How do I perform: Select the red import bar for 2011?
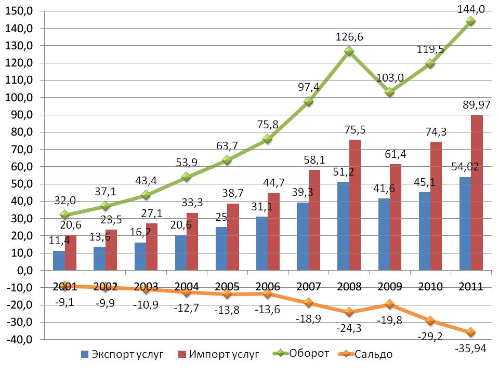pyautogui.click(x=477, y=192)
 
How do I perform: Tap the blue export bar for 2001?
pyautogui.click(x=59, y=260)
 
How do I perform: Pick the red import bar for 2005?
pyautogui.click(x=233, y=236)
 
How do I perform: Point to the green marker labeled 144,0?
pyautogui.click(x=471, y=21)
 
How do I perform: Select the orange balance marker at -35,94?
pyautogui.click(x=471, y=332)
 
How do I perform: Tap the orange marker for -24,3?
pyautogui.click(x=349, y=312)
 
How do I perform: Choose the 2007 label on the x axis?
pyautogui.click(x=308, y=287)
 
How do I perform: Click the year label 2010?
pyautogui.click(x=430, y=287)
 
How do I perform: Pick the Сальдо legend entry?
pyautogui.click(x=374, y=355)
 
